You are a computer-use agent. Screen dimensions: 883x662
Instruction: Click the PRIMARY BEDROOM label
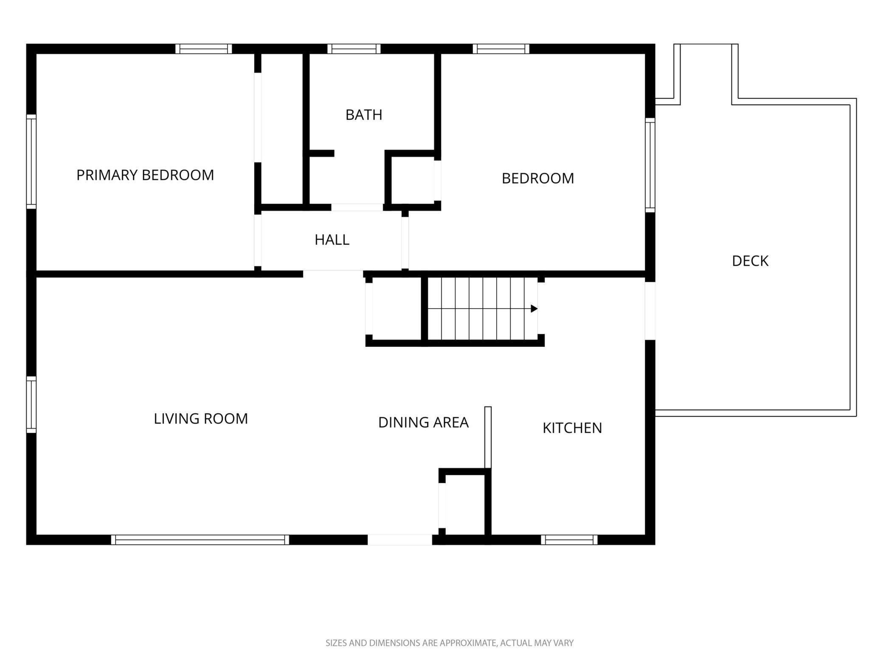[145, 175]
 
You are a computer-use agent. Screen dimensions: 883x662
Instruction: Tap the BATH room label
[364, 115]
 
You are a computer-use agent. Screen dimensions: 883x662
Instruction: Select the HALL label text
[332, 240]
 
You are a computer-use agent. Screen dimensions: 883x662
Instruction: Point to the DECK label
[750, 261]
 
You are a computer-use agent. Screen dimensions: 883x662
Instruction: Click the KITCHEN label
[572, 428]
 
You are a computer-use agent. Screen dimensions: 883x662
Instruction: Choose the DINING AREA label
[423, 422]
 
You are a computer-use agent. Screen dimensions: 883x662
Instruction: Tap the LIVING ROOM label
[201, 419]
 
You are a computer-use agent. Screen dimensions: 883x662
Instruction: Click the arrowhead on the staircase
[534, 309]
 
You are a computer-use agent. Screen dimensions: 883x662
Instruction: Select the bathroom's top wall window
[354, 49]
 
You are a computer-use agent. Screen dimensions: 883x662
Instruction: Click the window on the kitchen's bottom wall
[569, 540]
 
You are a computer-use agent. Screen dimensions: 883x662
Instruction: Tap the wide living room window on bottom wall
[200, 540]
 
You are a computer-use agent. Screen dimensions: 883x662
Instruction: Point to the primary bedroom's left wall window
[31, 162]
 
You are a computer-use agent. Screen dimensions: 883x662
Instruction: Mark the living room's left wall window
[31, 404]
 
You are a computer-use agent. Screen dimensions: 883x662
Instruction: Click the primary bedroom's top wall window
[204, 49]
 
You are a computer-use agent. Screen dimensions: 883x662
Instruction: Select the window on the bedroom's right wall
[650, 165]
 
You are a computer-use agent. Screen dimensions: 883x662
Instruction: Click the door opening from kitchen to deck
[650, 311]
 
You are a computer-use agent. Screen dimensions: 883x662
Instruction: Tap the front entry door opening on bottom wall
[400, 540]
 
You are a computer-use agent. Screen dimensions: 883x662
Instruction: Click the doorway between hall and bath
[357, 208]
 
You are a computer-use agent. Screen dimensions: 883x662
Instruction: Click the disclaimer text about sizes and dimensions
[450, 643]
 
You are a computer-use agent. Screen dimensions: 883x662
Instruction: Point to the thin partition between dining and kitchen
[488, 437]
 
